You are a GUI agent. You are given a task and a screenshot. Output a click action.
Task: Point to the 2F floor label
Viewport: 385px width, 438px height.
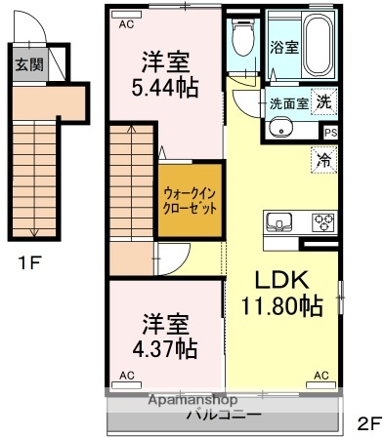369,422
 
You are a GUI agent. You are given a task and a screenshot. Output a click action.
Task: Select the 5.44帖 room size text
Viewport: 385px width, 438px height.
166,88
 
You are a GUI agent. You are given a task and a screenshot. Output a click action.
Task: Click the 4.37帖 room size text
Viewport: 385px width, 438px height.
165,347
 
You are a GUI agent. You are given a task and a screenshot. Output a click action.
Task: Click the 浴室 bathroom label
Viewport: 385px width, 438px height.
284,46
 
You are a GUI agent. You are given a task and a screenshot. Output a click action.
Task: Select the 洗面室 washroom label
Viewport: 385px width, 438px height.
289,102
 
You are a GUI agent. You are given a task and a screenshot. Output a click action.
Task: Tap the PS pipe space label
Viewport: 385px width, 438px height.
330,133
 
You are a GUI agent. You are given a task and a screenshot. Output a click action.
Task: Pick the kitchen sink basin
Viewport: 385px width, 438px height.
278,220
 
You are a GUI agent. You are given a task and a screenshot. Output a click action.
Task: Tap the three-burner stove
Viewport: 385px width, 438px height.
322,221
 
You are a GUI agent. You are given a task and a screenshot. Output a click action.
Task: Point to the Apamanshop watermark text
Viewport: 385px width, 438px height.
192,400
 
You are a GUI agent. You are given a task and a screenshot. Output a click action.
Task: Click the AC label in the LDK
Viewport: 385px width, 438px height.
321,375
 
